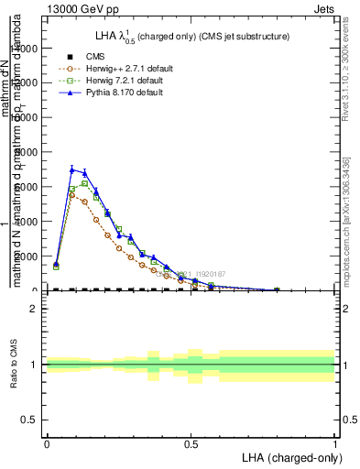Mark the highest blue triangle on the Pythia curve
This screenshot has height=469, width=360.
[x=72, y=169]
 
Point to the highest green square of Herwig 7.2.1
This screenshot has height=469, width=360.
[x=84, y=183]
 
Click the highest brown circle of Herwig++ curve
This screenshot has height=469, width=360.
[x=72, y=194]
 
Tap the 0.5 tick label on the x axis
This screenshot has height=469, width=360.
[x=191, y=444]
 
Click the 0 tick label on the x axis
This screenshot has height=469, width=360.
[x=47, y=444]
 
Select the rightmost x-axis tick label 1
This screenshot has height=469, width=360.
[x=335, y=444]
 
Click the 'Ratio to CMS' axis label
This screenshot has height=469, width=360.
[x=14, y=365]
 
